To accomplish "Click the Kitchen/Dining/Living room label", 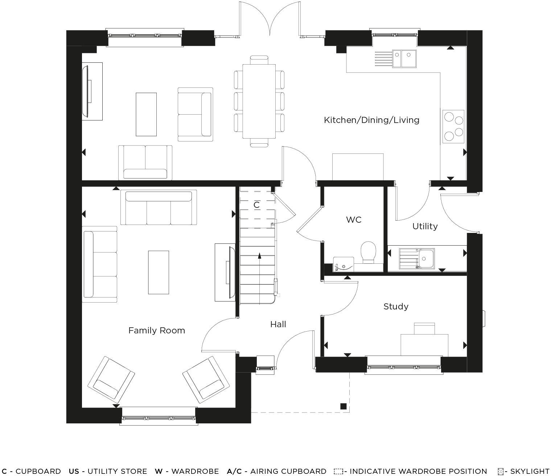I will coord(371,120).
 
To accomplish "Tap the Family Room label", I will coord(157,331).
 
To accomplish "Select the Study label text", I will coord(396,307).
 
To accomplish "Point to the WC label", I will coord(353,220).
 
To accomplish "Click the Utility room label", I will coord(425,226).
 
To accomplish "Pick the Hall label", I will coord(278,324).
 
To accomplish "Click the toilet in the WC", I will coord(369,252).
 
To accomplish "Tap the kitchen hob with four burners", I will coord(453,126).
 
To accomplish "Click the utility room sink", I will coord(417,259).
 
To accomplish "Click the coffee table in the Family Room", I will coord(159,272).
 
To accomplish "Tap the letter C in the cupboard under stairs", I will coord(256,205).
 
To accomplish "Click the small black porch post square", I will coord(343,406).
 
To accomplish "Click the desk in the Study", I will coord(424,345).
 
